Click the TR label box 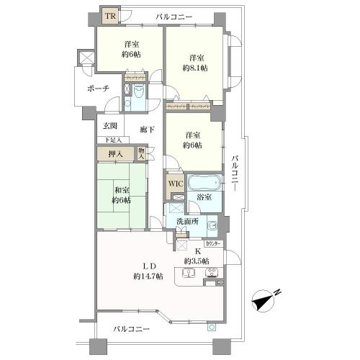click(110, 16)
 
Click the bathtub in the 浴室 click(204, 181)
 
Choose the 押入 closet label click(116, 153)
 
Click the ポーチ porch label click(98, 89)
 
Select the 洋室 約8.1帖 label click(194, 62)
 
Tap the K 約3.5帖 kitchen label click(196, 256)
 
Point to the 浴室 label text click(204, 197)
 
